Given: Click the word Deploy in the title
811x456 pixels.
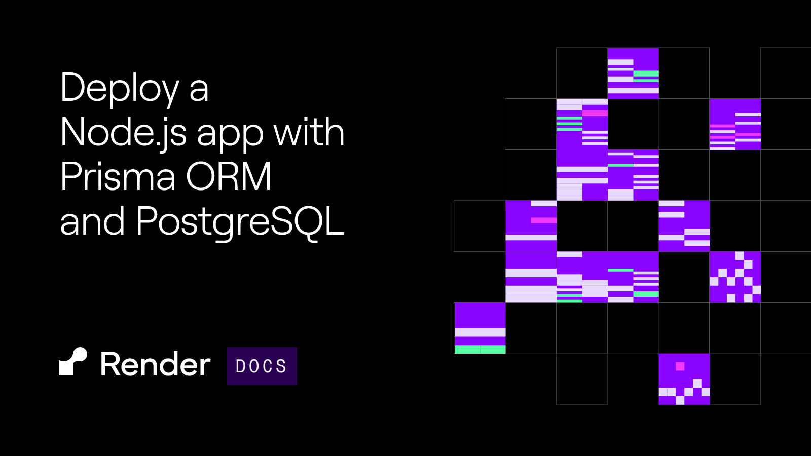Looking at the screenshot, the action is (x=120, y=89).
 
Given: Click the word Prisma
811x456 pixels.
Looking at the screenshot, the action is (x=118, y=176).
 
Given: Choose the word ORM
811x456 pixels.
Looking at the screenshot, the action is (x=229, y=177).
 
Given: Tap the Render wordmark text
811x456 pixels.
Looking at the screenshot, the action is (x=155, y=364).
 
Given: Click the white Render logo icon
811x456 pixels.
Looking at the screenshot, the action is (x=73, y=362).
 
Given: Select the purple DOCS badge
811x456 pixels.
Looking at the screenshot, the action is (x=262, y=366).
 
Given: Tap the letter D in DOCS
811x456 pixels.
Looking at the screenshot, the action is (x=240, y=366).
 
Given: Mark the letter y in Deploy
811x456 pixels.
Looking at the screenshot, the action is (x=168, y=93).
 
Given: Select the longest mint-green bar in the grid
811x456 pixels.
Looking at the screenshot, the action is (x=480, y=349).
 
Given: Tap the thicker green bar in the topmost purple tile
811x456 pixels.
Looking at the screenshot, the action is (x=646, y=73).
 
